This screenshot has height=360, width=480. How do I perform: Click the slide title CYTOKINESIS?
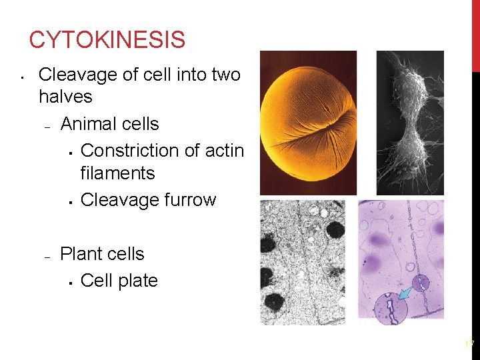pyautogui.click(x=107, y=40)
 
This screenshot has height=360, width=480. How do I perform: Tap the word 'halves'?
pyautogui.click(x=65, y=97)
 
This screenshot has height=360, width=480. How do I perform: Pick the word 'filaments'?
pyautogui.click(x=117, y=173)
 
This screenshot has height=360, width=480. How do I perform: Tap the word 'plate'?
pyautogui.click(x=139, y=281)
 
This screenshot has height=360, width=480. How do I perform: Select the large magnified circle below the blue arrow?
pyautogui.click(x=391, y=309)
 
